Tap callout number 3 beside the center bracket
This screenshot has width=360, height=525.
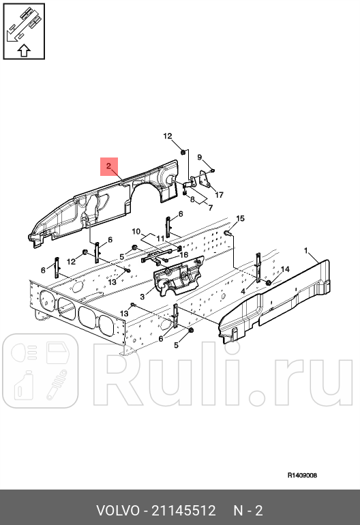(142, 297)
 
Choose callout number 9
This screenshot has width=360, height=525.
(200, 157)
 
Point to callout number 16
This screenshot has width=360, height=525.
(183, 255)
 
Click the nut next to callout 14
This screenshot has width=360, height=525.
(269, 282)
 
